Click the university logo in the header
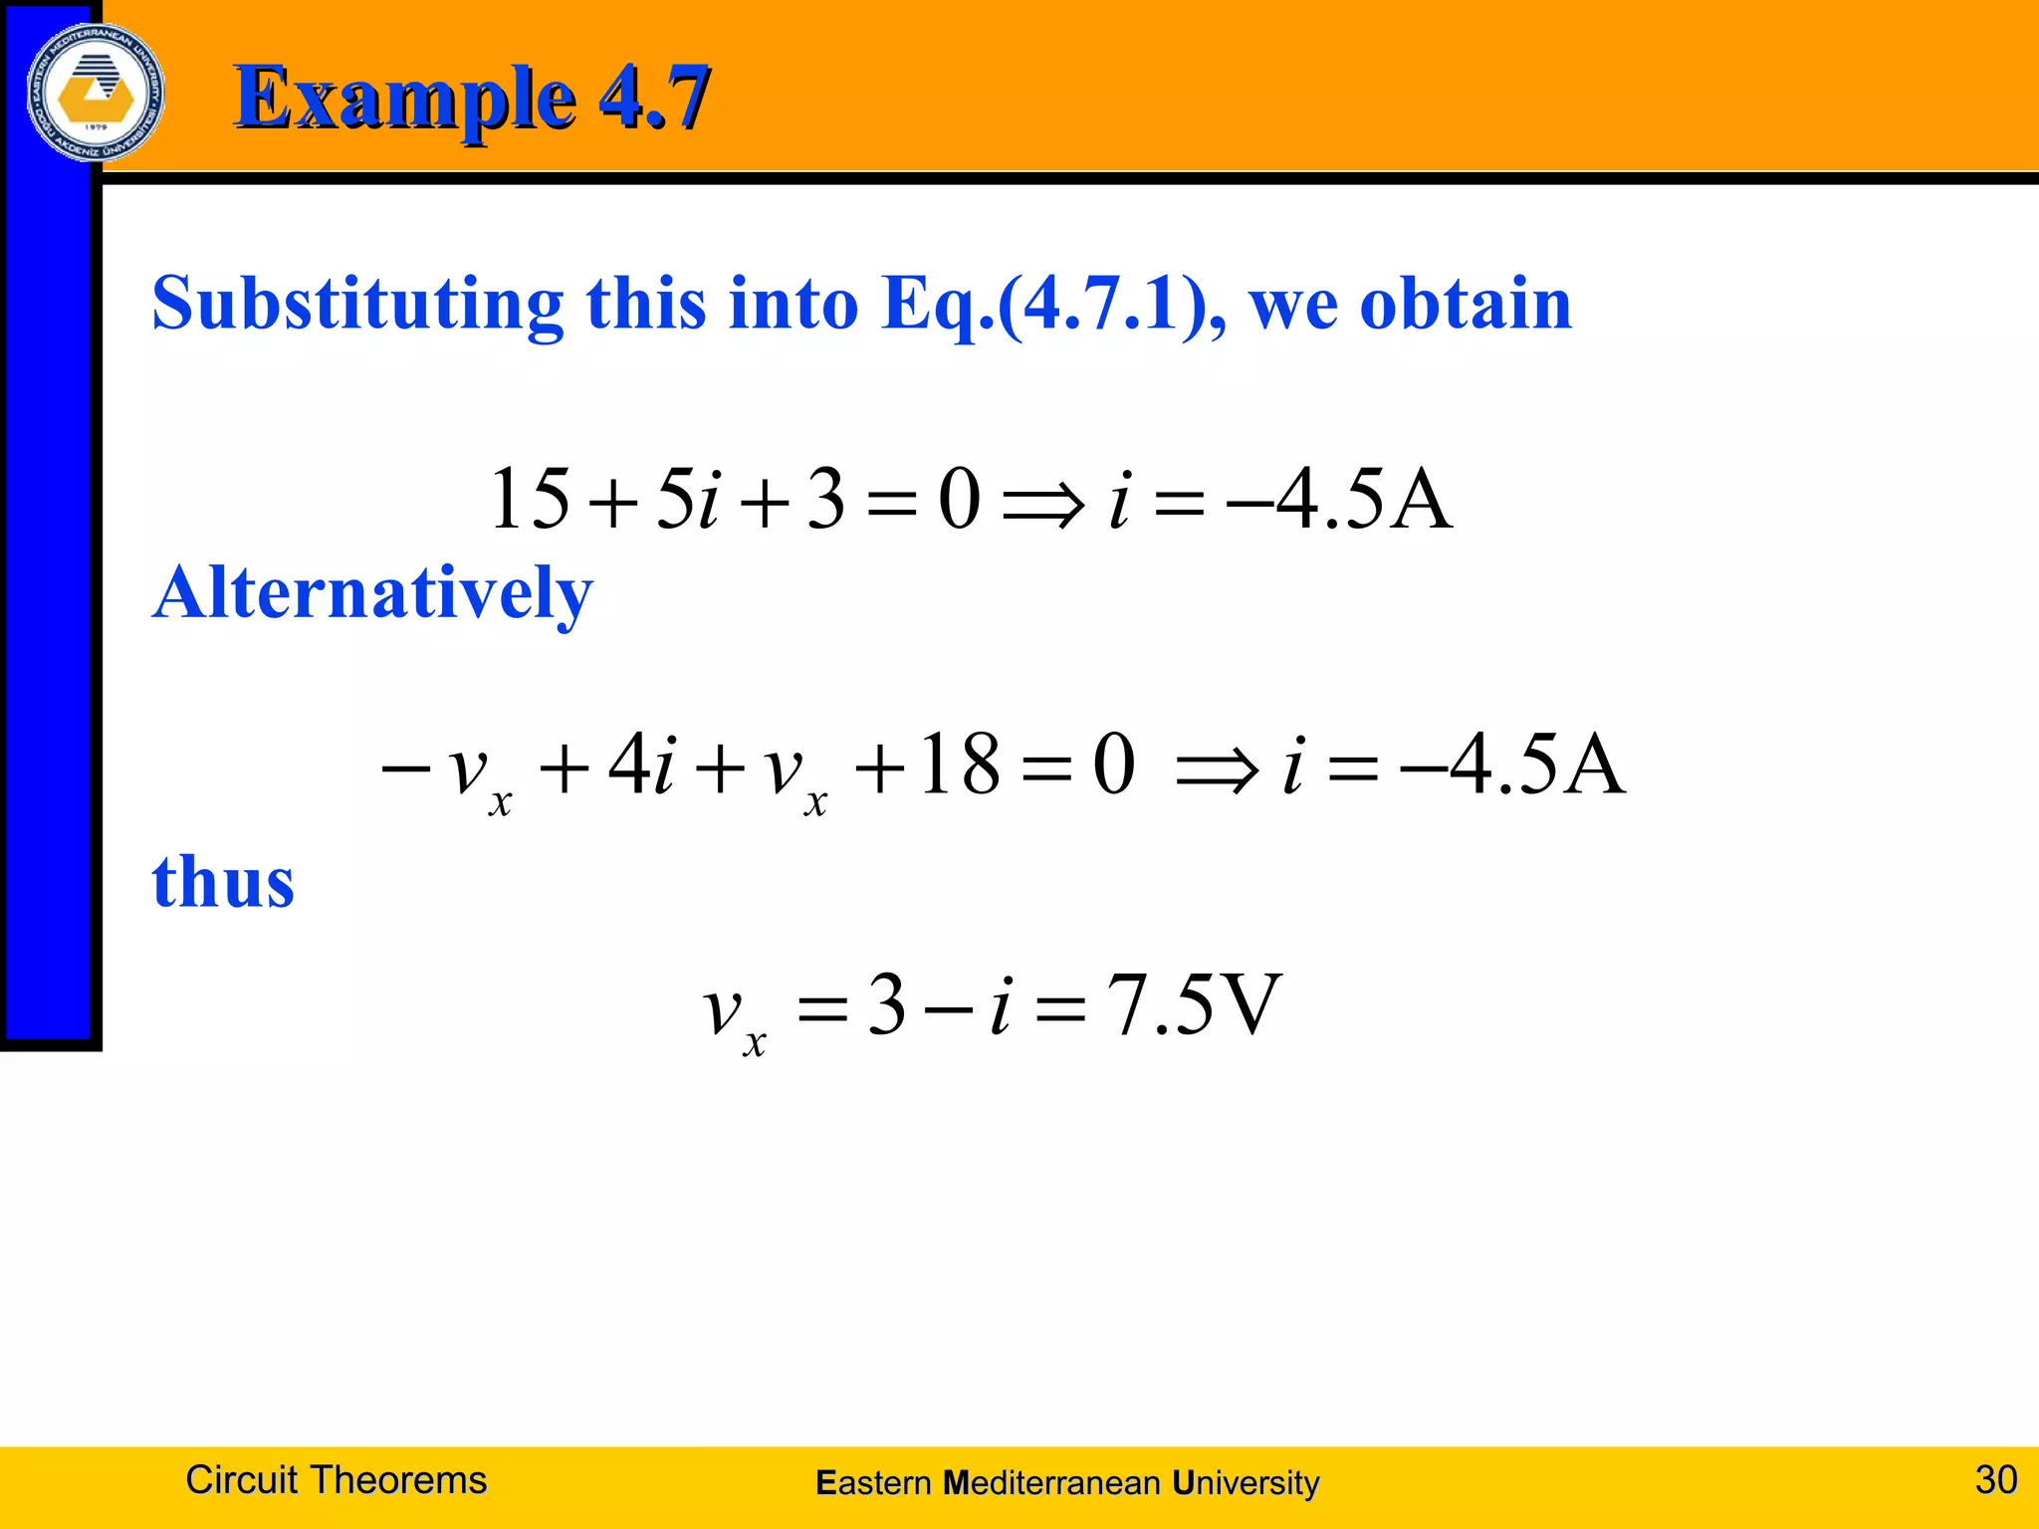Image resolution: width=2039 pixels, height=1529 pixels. [96, 93]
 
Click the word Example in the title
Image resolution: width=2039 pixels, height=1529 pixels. [404, 98]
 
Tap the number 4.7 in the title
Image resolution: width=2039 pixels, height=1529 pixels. [654, 98]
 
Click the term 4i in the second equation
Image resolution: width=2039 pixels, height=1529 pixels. [642, 764]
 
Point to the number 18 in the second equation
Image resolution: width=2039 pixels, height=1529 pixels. [959, 764]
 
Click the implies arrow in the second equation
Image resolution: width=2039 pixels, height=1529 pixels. [1216, 769]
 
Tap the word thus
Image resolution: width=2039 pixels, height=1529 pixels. [223, 882]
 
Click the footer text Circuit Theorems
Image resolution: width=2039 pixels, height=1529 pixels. [336, 1480]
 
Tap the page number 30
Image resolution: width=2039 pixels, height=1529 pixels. [1995, 1480]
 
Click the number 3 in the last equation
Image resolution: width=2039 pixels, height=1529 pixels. [886, 1005]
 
